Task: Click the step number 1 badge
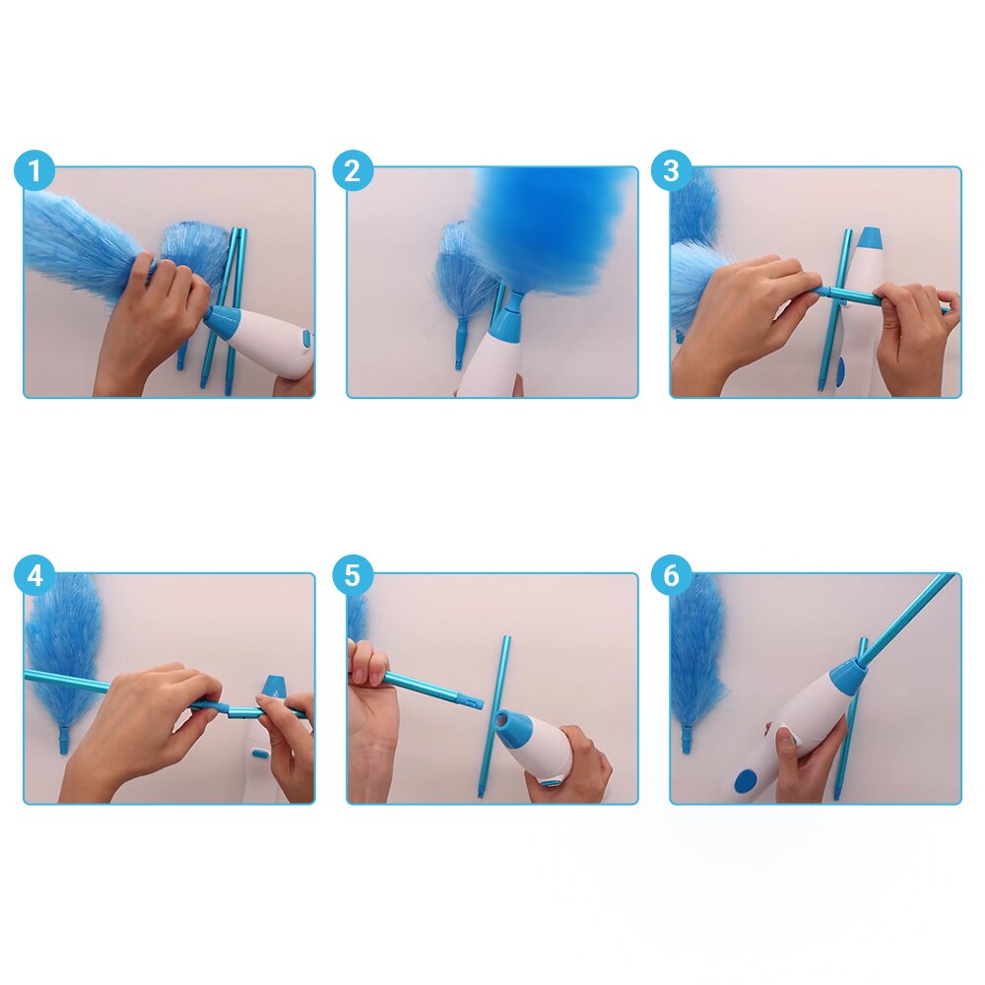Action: tap(34, 172)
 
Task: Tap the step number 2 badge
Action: tap(352, 172)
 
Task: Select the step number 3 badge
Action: tap(671, 172)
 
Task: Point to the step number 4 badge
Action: tap(34, 576)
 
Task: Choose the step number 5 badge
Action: tap(352, 576)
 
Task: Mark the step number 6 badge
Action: tap(671, 576)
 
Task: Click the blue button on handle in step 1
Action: tap(306, 341)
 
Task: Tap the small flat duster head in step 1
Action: tap(192, 251)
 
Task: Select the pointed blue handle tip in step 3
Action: tap(871, 238)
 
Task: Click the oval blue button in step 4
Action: tap(259, 753)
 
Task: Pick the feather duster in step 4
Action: tap(64, 650)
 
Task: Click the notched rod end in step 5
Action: tap(471, 701)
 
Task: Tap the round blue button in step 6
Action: tap(746, 780)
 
